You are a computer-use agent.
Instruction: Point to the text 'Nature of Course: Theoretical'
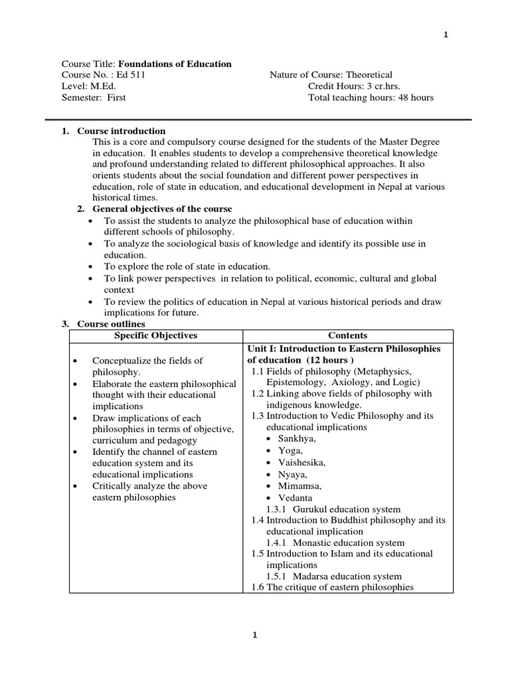pos(331,75)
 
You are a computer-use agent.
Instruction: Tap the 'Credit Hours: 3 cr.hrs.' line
pos(354,86)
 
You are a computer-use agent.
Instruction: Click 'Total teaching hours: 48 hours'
pos(371,98)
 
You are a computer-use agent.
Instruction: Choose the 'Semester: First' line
pos(94,98)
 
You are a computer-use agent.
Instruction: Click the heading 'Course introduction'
pos(121,131)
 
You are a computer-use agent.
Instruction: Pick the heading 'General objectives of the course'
pos(155,209)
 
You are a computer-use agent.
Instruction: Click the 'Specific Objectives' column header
pos(156,335)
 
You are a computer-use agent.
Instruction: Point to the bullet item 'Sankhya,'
pos(297,438)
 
